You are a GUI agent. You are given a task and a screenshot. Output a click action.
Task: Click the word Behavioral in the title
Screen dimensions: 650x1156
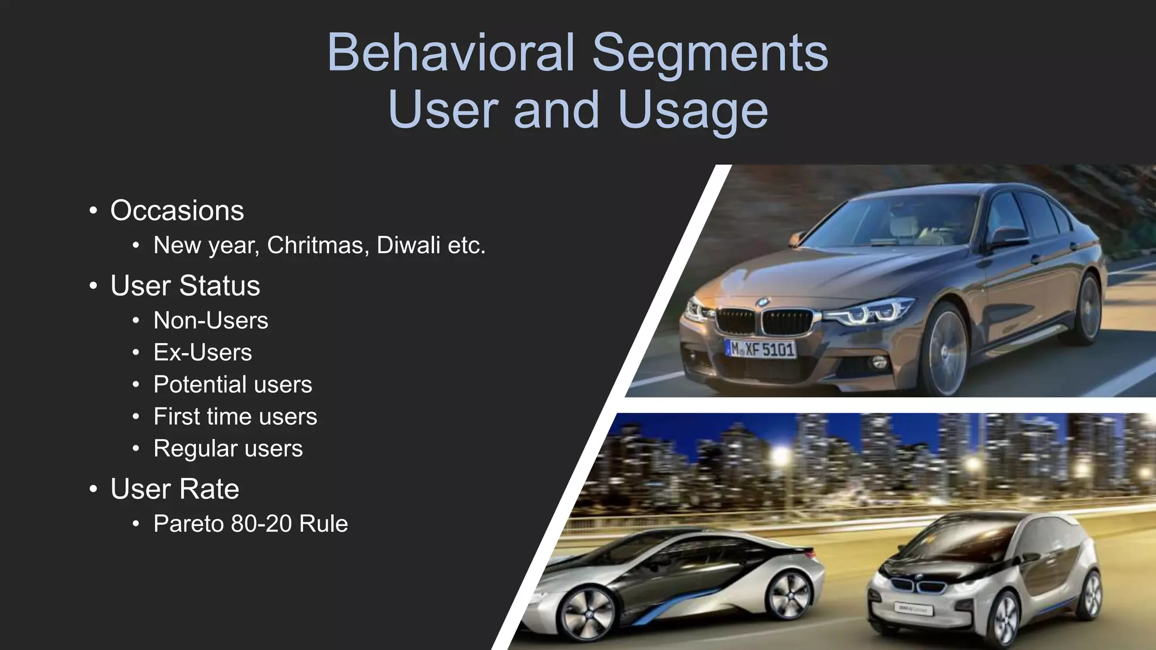coord(450,52)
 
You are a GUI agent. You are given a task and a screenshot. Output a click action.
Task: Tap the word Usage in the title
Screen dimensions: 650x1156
coord(693,110)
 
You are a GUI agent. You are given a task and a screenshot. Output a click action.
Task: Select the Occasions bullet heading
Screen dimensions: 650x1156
coord(177,210)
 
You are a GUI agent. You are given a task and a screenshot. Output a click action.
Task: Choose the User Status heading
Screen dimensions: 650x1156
coord(185,286)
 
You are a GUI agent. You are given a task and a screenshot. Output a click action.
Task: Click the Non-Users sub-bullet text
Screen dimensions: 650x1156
coord(211,320)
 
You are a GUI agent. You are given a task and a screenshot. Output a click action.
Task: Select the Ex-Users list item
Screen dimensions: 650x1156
coord(202,353)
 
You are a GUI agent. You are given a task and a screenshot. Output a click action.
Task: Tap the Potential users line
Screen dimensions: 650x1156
coord(233,385)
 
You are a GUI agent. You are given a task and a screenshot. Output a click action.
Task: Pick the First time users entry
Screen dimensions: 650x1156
coord(235,417)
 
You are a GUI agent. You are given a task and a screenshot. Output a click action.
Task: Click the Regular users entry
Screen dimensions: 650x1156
coord(228,449)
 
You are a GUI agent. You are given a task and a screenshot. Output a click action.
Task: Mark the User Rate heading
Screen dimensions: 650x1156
coord(174,489)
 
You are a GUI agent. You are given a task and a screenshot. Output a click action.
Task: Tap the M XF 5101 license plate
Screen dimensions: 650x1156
coord(760,349)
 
